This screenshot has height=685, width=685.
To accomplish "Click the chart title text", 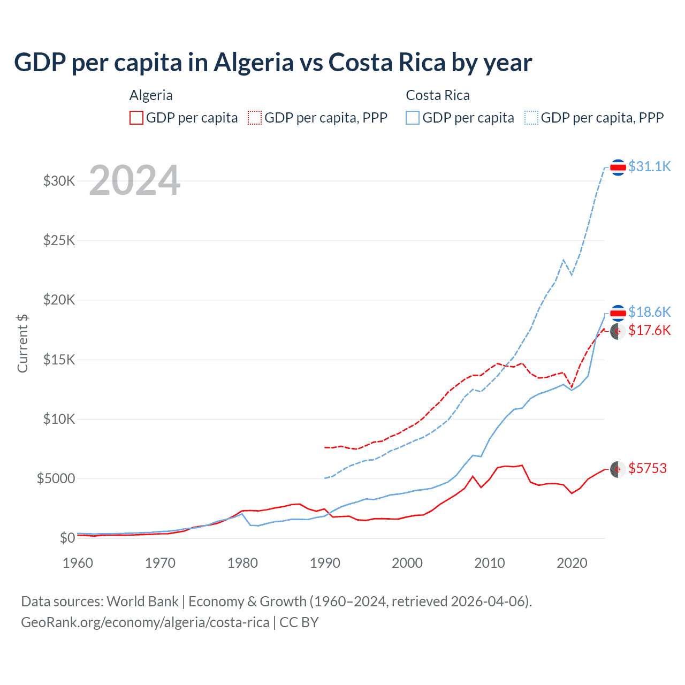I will click(x=273, y=63).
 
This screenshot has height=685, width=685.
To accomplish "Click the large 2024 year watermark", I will click(x=134, y=180).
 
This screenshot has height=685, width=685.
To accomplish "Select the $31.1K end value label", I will click(x=649, y=166).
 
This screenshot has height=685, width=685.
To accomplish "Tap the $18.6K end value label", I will click(x=649, y=312).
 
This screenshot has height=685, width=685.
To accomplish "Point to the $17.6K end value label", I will click(x=649, y=330).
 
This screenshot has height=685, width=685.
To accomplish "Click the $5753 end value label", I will click(x=648, y=468).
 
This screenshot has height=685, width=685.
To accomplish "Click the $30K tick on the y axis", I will click(x=59, y=181).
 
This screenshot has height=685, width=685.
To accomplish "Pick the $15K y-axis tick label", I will click(x=59, y=360).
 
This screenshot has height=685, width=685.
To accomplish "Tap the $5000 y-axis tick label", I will click(x=56, y=478).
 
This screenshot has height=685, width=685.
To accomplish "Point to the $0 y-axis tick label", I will click(x=67, y=538).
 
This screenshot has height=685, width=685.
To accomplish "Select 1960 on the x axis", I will click(x=78, y=563).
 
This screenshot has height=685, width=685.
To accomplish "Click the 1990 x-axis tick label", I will click(x=325, y=563).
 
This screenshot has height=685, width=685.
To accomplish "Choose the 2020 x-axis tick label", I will click(x=572, y=563).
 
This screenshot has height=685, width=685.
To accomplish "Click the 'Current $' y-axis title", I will click(x=22, y=344).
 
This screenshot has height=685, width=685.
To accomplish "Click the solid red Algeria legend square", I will click(x=136, y=118).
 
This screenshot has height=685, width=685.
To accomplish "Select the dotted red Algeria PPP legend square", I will click(x=255, y=118).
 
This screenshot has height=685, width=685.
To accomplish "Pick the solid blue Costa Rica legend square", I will click(x=413, y=118).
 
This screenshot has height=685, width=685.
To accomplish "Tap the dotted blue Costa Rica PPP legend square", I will click(x=531, y=118).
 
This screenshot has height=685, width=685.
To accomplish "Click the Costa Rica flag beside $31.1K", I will click(x=618, y=168).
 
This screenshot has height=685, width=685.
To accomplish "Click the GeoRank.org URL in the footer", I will click(x=145, y=622).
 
